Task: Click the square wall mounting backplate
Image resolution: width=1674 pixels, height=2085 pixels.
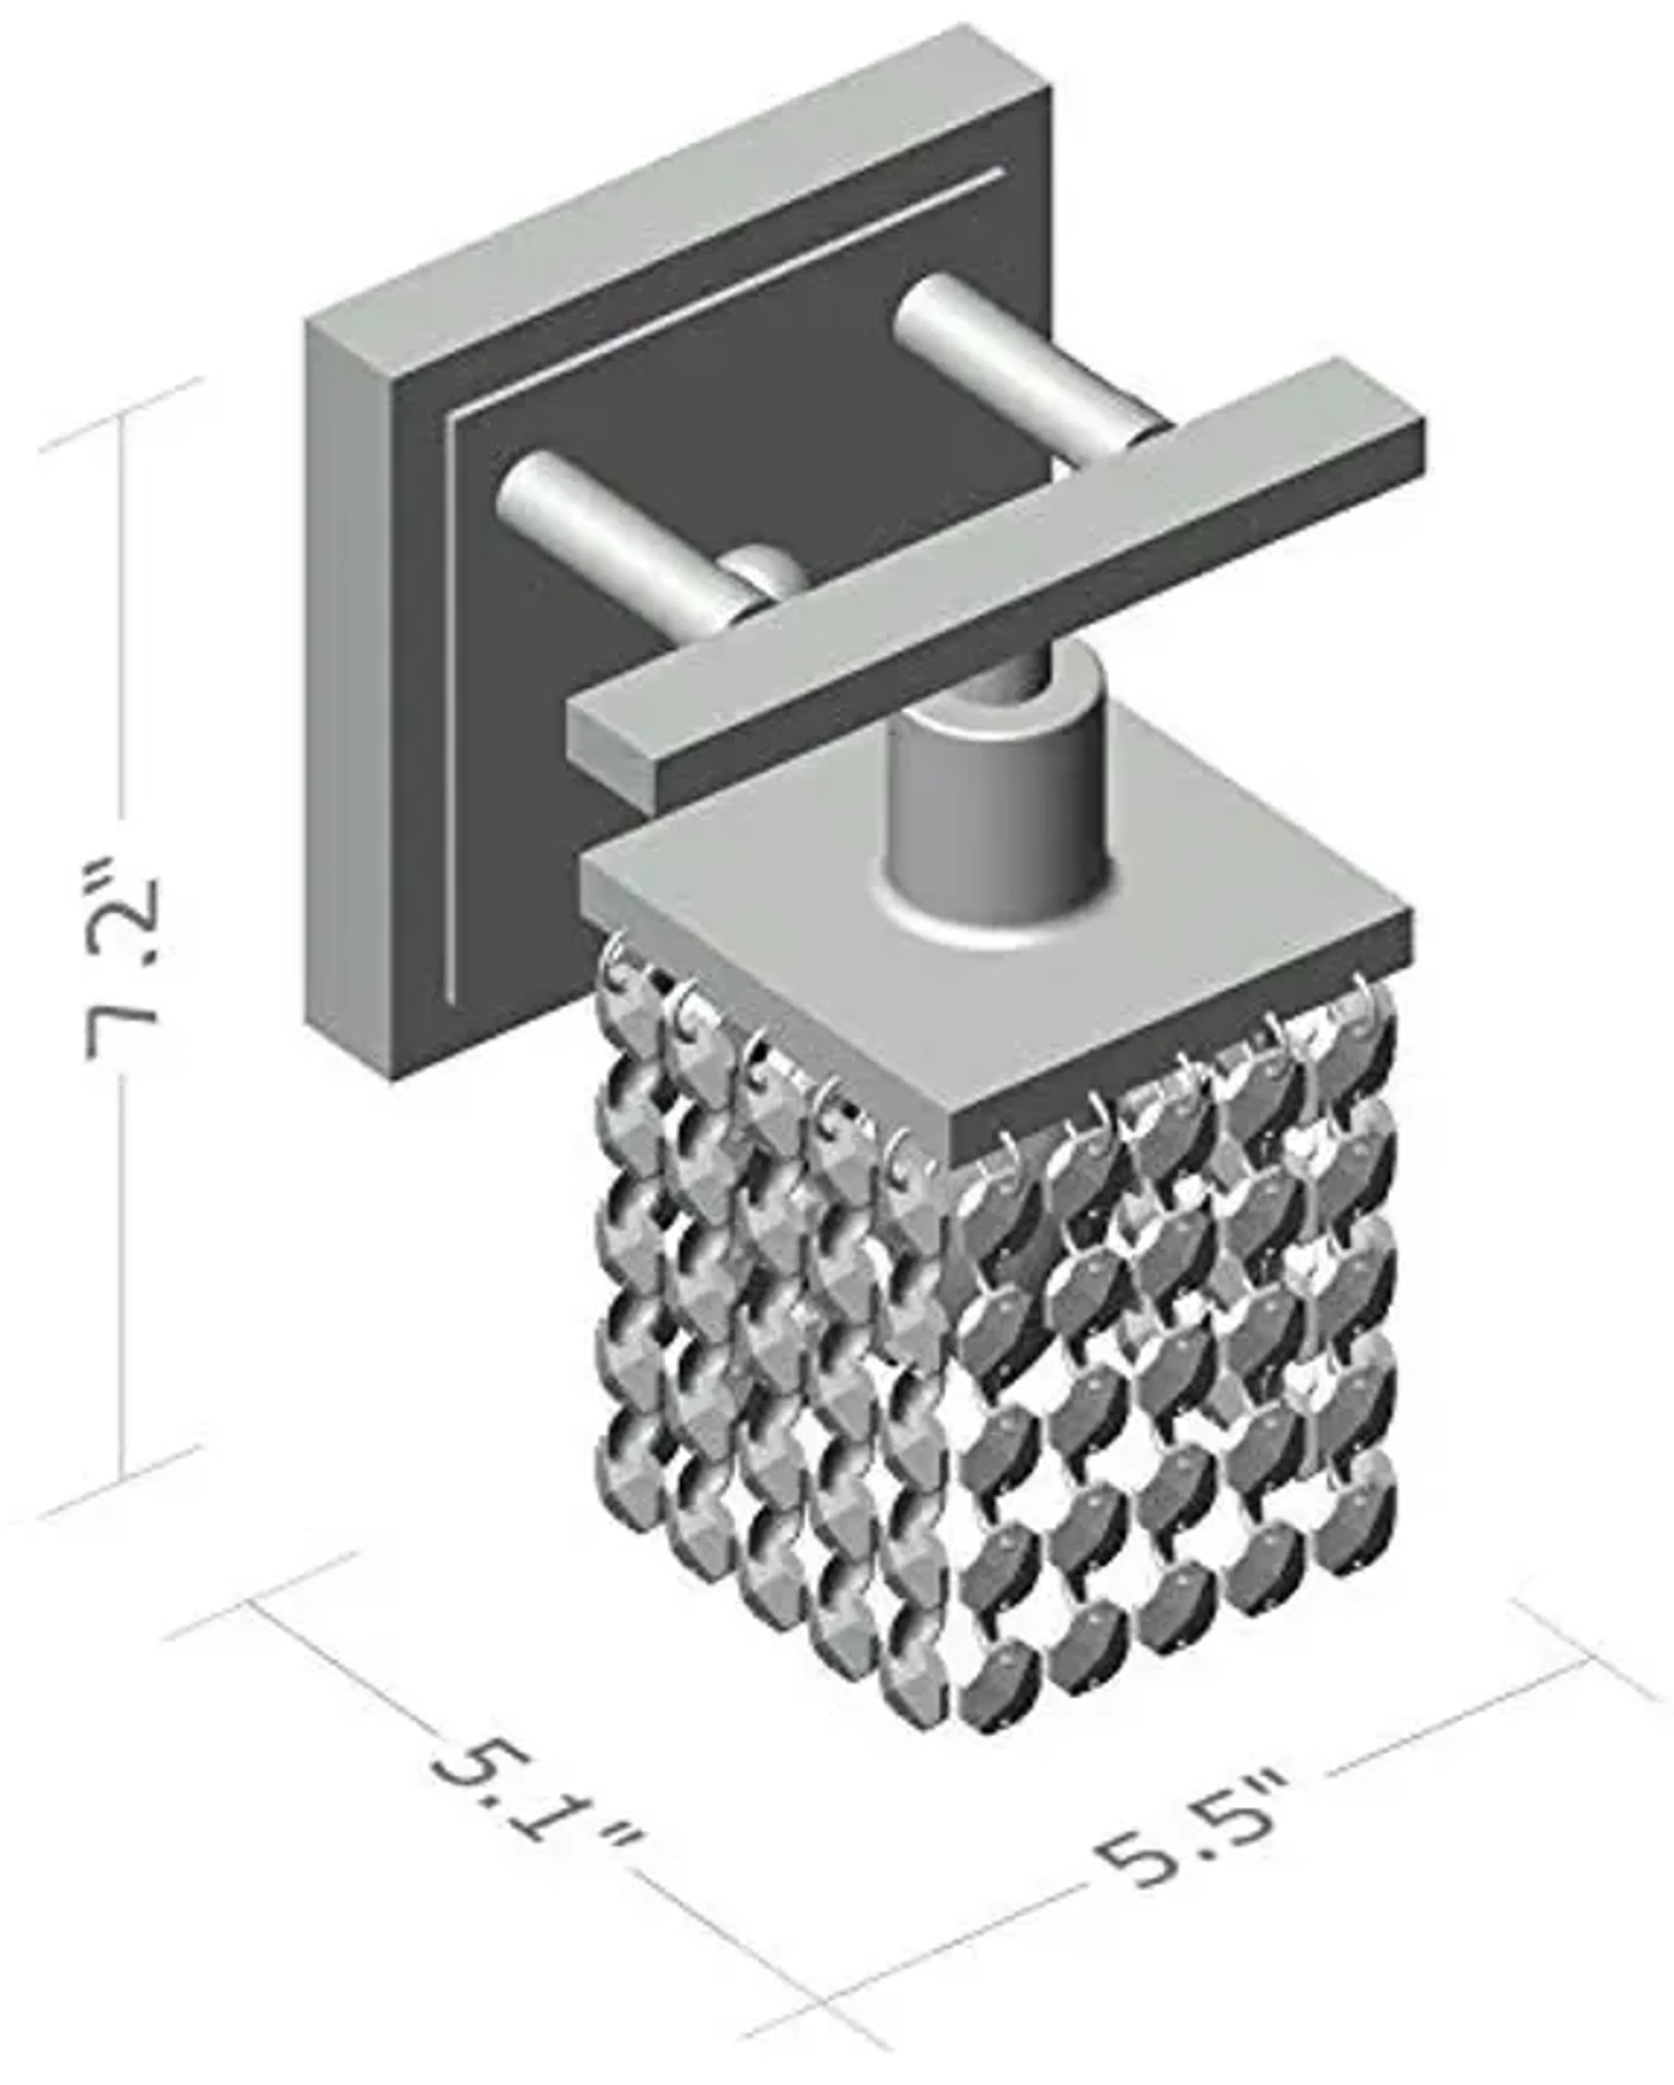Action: coord(367,677)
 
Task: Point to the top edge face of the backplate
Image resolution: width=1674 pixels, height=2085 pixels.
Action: coord(677,174)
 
